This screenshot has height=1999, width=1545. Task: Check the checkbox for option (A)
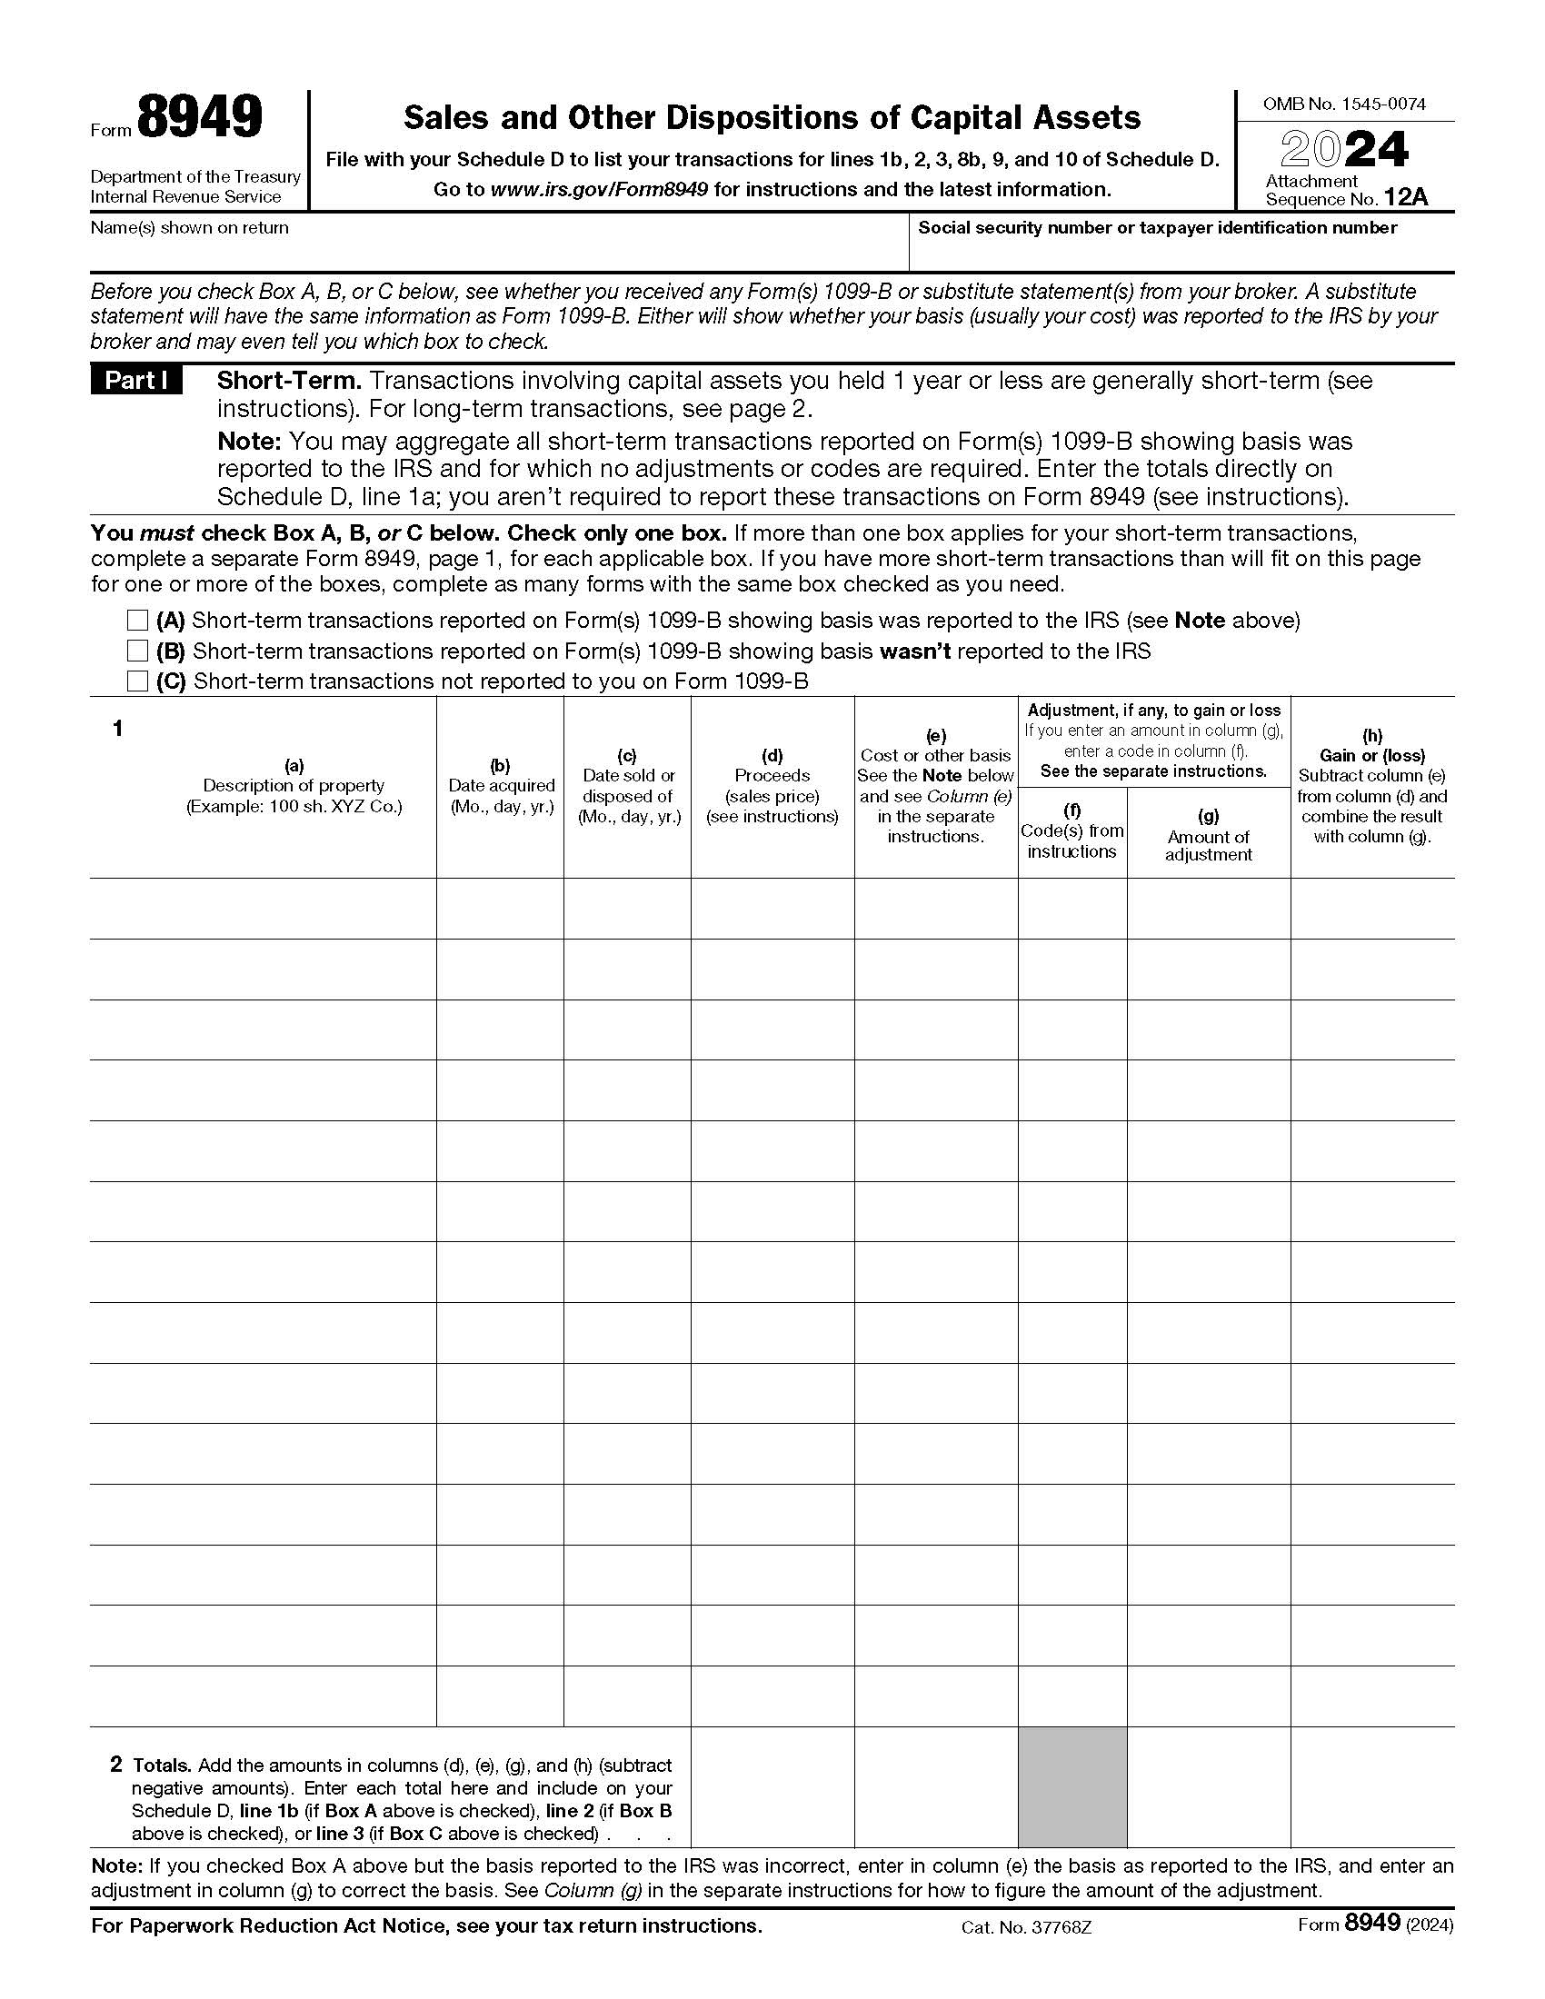point(137,621)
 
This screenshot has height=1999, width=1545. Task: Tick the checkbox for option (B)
point(137,651)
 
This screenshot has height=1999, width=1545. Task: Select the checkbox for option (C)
point(137,681)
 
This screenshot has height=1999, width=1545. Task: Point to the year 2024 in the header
point(1343,150)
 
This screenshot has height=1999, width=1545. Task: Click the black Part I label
point(135,381)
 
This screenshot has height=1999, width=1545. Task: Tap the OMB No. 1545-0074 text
point(1343,104)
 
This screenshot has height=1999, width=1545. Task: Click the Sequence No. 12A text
point(1345,199)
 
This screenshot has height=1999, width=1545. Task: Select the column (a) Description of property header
point(294,785)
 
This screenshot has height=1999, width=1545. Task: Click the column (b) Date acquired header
point(501,785)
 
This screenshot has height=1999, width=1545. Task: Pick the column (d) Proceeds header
point(772,785)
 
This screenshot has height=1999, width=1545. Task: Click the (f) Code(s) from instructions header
point(1072,831)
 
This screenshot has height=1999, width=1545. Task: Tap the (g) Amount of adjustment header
point(1207,835)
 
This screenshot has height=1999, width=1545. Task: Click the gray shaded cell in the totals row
point(1072,1786)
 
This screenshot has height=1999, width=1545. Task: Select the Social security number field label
point(1157,228)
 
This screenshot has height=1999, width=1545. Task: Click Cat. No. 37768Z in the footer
point(1026,1926)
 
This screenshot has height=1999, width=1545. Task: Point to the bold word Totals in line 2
point(162,1765)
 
